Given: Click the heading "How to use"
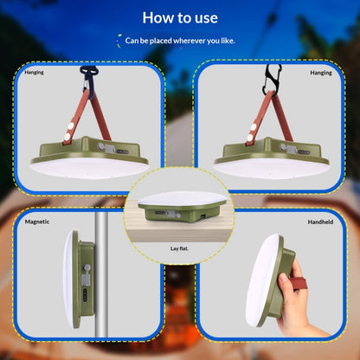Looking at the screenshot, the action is pyautogui.click(x=180, y=18).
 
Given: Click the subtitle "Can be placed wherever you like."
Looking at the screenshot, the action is pyautogui.click(x=180, y=41).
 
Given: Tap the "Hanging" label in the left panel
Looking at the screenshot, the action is pyautogui.click(x=34, y=73).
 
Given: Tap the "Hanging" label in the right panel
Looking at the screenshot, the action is pyautogui.click(x=321, y=73).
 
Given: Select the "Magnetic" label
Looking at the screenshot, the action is pyautogui.click(x=37, y=222).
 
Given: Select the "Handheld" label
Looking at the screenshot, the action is pyautogui.click(x=320, y=222).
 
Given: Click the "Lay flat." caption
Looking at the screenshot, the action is pyautogui.click(x=179, y=248).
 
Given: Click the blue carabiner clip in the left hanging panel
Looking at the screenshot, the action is pyautogui.click(x=89, y=80).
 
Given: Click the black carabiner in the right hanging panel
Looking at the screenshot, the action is pyautogui.click(x=271, y=80).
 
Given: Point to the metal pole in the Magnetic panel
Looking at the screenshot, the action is pyautogui.click(x=101, y=274).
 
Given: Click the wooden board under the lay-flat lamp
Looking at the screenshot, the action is pyautogui.click(x=180, y=228).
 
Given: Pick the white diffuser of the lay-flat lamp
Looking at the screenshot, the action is pyautogui.click(x=183, y=198).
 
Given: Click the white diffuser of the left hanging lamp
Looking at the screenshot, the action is pyautogui.click(x=89, y=168).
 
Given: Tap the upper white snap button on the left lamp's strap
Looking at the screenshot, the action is pyautogui.click(x=71, y=125).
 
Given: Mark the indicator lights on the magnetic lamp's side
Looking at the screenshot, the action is pyautogui.click(x=85, y=296).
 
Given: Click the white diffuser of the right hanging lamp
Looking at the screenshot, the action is pyautogui.click(x=271, y=168).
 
